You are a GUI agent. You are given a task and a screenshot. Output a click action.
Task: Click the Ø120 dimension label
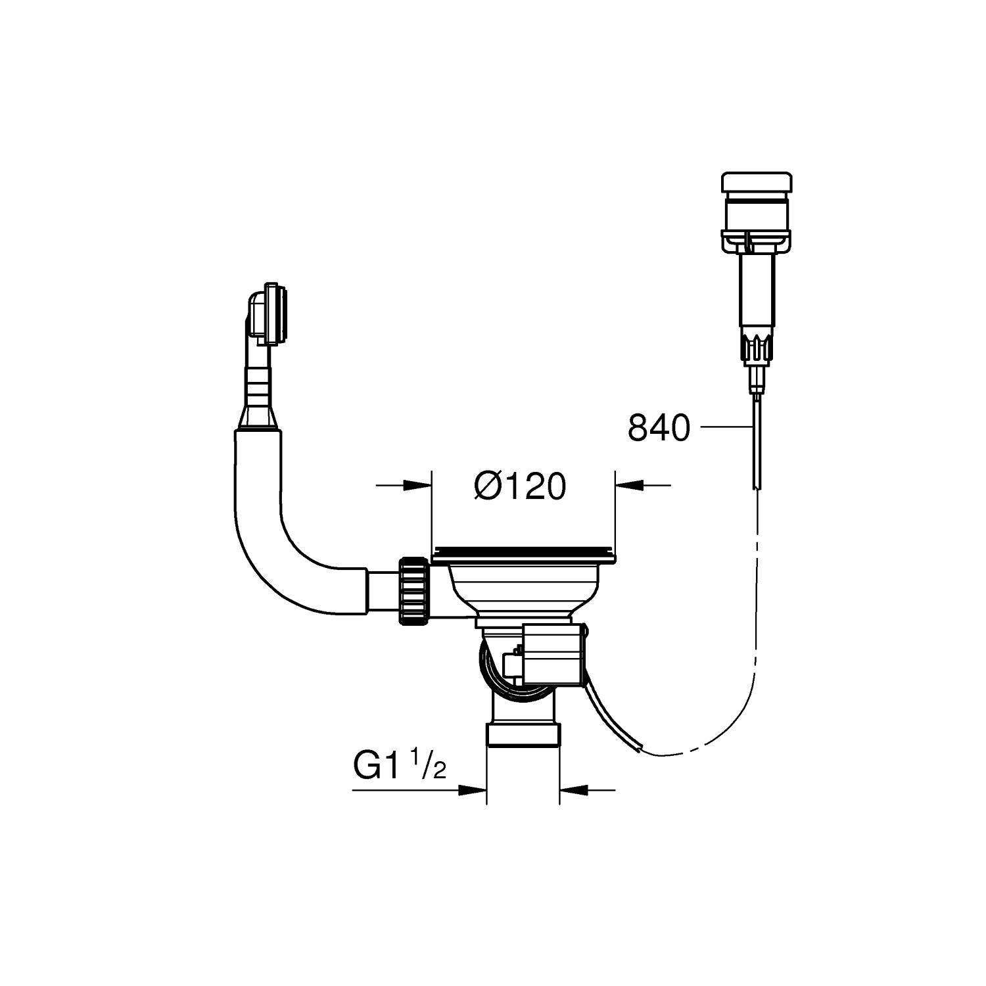coord(519,487)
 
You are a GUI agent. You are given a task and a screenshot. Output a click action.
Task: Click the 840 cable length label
coord(659,428)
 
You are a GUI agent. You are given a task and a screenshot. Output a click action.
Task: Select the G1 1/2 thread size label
coord(400,766)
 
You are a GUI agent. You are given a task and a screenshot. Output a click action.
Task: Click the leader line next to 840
coord(726,427)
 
